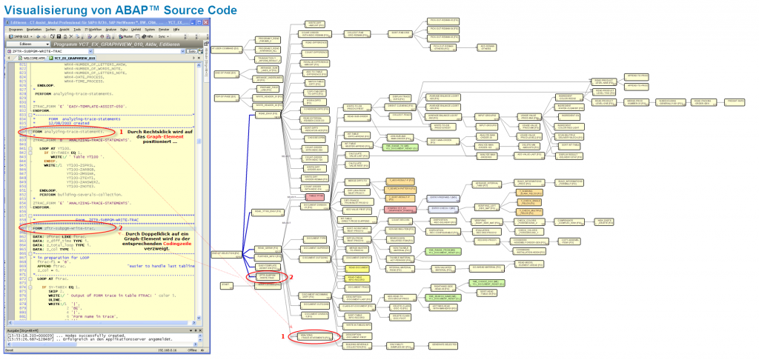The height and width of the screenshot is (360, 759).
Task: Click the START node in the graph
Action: [226, 284]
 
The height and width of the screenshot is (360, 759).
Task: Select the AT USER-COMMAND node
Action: [225, 50]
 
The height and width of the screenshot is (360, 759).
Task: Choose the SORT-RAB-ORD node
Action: [401, 33]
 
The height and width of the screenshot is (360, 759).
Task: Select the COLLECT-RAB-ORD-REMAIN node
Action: [355, 33]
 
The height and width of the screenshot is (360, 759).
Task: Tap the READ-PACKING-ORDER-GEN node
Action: [702, 101]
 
